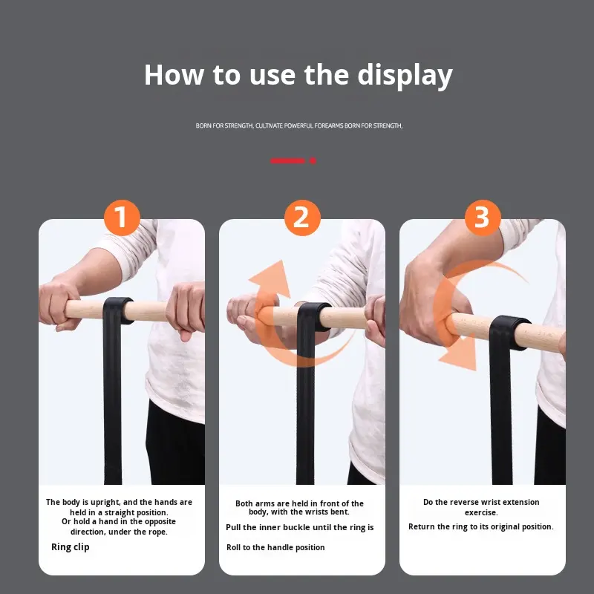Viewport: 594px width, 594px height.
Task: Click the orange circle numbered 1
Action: tap(122, 218)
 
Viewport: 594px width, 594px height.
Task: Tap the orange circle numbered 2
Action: tap(302, 218)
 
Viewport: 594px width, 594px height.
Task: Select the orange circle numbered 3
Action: tap(483, 218)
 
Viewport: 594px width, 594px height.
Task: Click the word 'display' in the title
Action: tap(405, 76)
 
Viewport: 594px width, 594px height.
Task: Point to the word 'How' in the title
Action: tap(174, 75)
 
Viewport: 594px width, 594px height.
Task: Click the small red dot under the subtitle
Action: tap(313, 160)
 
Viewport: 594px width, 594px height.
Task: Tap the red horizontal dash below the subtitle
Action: tap(287, 160)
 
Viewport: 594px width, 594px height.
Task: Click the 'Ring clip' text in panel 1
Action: tap(71, 547)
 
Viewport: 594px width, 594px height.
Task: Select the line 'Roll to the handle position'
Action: tap(275, 547)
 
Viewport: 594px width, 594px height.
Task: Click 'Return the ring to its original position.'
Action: tap(480, 526)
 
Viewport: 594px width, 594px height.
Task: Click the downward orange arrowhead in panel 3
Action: tap(460, 352)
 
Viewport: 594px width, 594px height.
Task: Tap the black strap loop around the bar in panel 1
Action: tap(118, 310)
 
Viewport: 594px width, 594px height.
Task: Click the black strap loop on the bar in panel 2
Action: tap(313, 316)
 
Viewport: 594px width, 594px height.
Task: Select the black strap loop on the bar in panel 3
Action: tap(509, 331)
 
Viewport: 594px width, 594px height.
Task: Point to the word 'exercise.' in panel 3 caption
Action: tap(481, 512)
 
